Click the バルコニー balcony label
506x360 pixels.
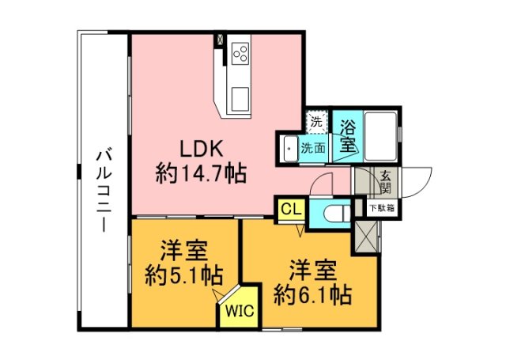(103, 189)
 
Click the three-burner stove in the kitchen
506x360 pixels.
(240, 53)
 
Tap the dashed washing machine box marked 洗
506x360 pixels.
(315, 122)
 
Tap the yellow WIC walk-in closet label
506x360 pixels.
(239, 310)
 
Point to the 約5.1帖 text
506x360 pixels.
(183, 277)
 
